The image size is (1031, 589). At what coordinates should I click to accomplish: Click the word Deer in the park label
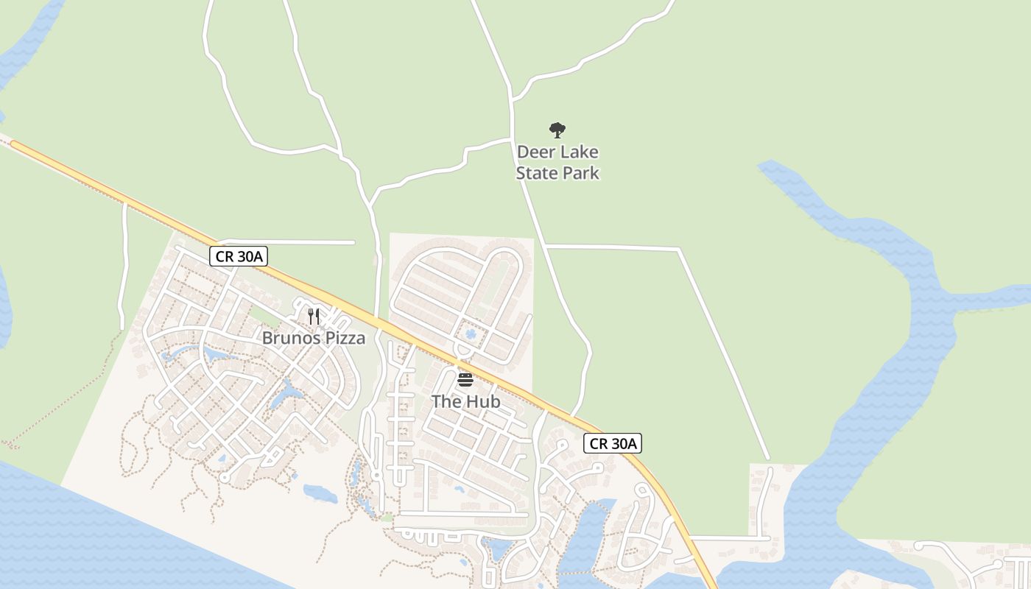click(535, 152)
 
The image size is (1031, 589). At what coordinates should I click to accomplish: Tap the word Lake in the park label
click(577, 152)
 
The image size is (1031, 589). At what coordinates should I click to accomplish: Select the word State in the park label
click(537, 173)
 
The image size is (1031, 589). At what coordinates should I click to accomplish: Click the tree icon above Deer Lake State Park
click(557, 130)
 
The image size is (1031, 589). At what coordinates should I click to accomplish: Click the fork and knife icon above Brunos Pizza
click(314, 317)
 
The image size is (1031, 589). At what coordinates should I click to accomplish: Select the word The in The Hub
click(446, 402)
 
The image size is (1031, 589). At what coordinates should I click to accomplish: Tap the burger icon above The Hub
click(465, 380)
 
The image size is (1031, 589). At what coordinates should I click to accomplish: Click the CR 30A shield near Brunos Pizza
click(239, 256)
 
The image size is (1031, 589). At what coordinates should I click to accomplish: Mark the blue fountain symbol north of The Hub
click(471, 335)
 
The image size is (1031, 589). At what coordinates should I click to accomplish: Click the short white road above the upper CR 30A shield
click(295, 241)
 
